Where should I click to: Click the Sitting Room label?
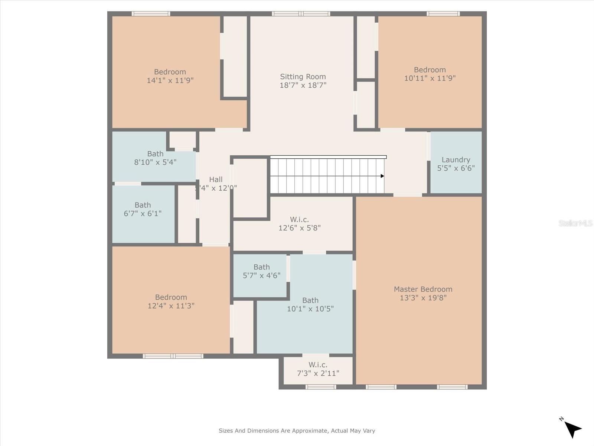coord(303,77)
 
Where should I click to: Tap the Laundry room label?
coord(456,159)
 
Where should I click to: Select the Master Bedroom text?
coord(423,289)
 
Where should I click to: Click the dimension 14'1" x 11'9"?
coord(170,80)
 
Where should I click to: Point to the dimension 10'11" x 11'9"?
coord(430,78)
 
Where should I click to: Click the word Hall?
coord(216,180)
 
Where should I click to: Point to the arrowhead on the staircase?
coord(382,176)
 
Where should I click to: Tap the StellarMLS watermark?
coord(575,223)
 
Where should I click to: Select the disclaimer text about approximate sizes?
coord(297,431)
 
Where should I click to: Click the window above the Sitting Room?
coord(301,14)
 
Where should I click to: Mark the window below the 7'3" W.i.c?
coord(321,387)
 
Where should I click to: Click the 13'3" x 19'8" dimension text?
coord(423,298)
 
